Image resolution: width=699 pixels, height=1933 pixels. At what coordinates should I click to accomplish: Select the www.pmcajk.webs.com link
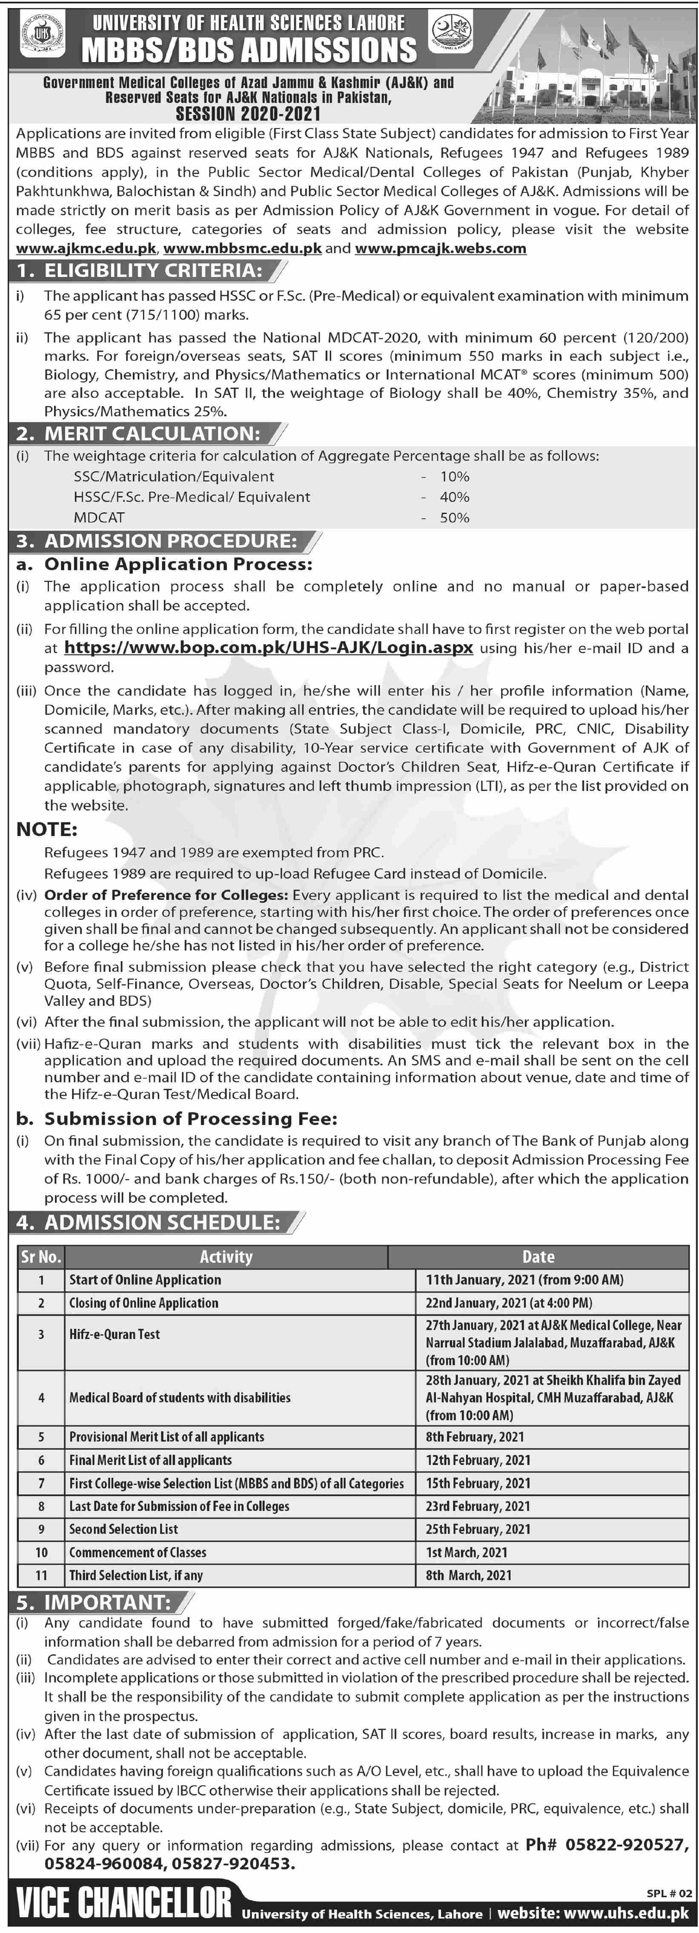440,248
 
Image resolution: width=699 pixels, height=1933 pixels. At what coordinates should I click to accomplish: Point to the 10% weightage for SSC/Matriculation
455,477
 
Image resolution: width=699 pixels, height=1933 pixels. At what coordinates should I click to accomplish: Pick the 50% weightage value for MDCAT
455,518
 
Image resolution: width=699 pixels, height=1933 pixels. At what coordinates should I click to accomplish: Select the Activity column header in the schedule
226,1257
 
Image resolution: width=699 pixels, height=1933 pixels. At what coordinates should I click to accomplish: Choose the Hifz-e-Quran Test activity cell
115,1334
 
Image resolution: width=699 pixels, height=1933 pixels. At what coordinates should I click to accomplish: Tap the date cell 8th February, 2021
475,1437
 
